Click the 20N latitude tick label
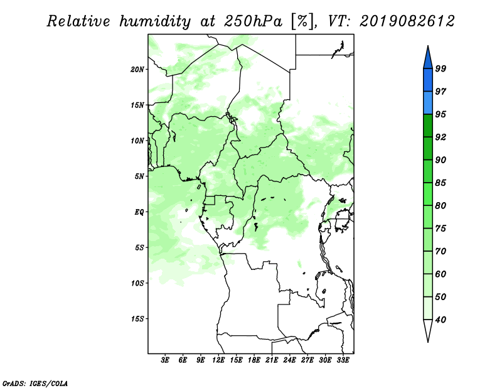137,70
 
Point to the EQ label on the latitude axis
139,212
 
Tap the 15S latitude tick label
137,319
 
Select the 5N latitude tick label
139,176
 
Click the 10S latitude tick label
137,283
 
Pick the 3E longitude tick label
165,360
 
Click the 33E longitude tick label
343,360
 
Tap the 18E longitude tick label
254,360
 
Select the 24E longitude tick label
289,360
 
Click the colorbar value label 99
441,68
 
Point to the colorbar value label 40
441,320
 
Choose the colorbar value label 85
441,183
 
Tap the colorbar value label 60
441,274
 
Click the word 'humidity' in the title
155,21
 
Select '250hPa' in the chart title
253,21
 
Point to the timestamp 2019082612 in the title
407,21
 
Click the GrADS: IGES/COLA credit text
35,384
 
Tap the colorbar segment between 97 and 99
428,80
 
